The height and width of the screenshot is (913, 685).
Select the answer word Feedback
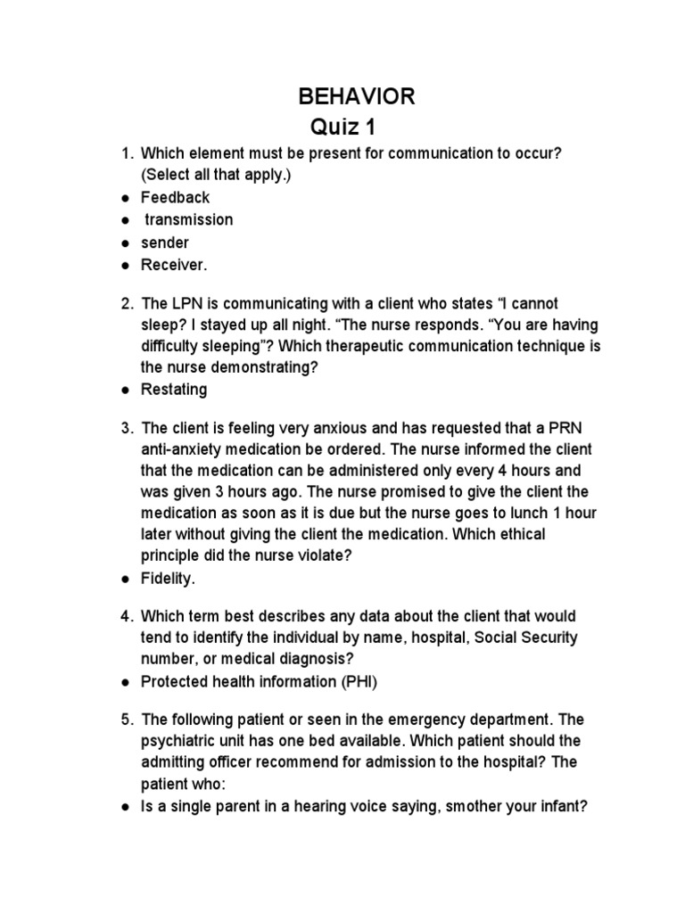pyautogui.click(x=176, y=197)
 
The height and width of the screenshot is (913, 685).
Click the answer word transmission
pyautogui.click(x=189, y=219)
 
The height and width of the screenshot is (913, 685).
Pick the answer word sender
pyautogui.click(x=165, y=242)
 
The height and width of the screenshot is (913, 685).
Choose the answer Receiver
pyautogui.click(x=174, y=265)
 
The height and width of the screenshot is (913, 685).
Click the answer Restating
pyautogui.click(x=174, y=389)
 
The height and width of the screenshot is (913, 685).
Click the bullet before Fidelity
pyautogui.click(x=127, y=579)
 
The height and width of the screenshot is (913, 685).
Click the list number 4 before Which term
pyautogui.click(x=128, y=617)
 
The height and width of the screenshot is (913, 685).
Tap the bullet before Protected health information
pyautogui.click(x=127, y=682)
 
